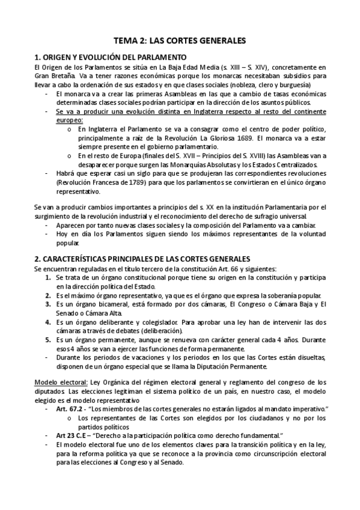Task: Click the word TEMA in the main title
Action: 127,41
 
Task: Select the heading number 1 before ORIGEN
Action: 37,57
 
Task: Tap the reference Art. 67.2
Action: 67,409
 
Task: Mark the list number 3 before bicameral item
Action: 48,305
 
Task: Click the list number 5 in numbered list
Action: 48,340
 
